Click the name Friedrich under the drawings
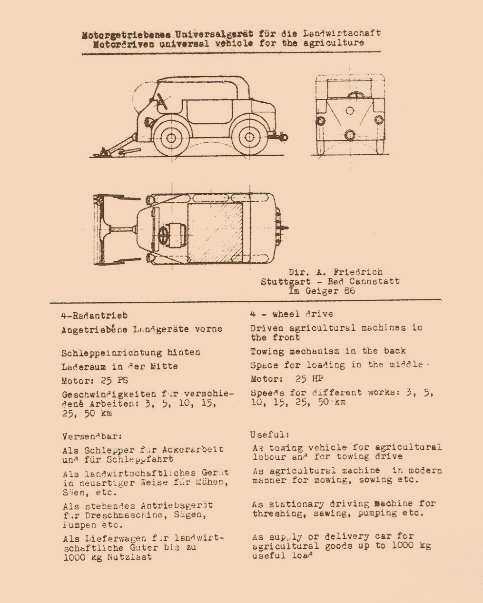[358, 272]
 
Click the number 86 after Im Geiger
[349, 291]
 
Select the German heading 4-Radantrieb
[94, 315]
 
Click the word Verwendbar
[92, 436]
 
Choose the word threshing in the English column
[273, 514]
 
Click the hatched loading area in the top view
[233, 231]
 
